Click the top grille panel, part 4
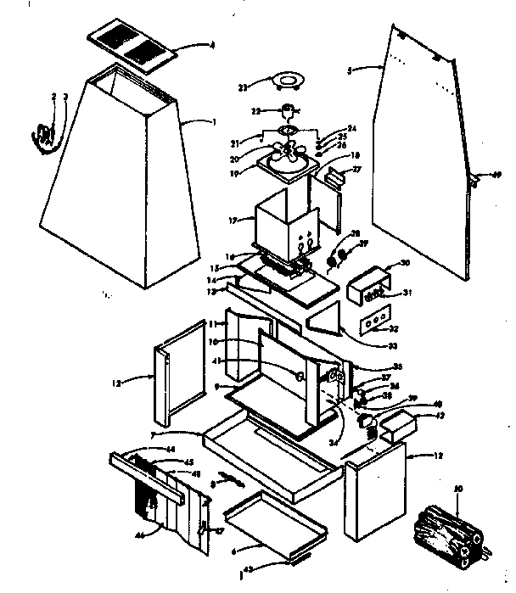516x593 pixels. [132, 48]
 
